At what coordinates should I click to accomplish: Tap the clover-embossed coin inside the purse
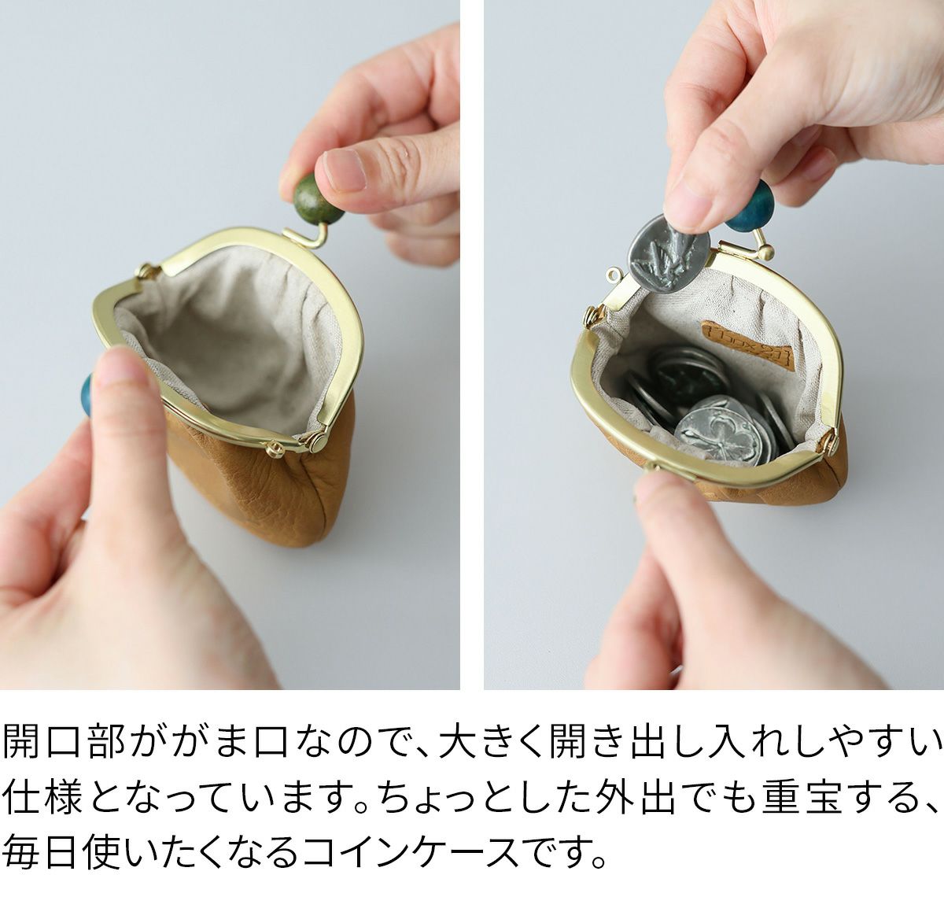tap(719, 430)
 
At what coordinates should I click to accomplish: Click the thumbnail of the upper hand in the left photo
tap(344, 170)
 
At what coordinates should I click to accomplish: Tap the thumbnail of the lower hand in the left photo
tap(121, 366)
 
